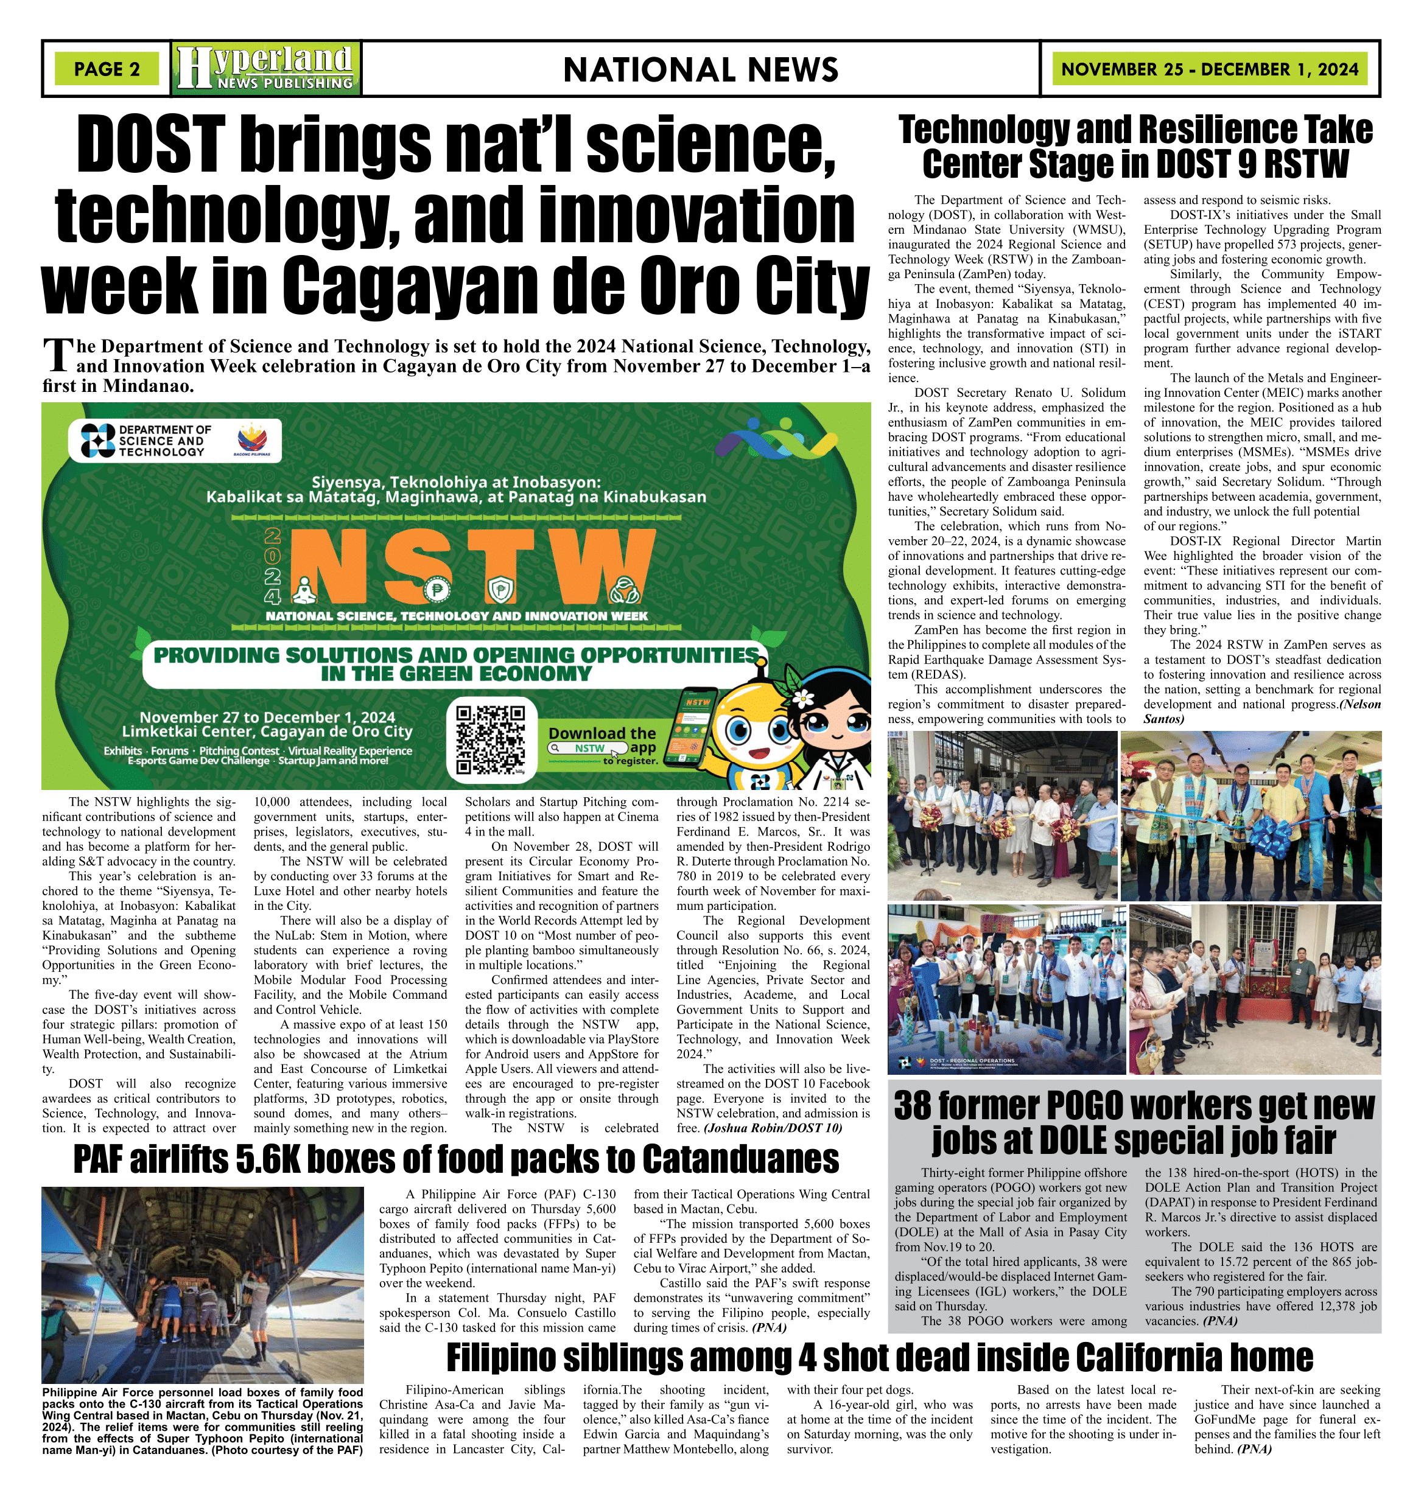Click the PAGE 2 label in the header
[x=107, y=69]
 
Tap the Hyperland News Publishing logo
[x=266, y=68]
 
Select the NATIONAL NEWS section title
[x=700, y=70]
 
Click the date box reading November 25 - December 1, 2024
[x=1210, y=69]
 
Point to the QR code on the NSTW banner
[x=491, y=739]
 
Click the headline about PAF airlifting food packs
[x=455, y=1159]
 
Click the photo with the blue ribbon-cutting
[x=1250, y=816]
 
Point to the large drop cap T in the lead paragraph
[x=58, y=356]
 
